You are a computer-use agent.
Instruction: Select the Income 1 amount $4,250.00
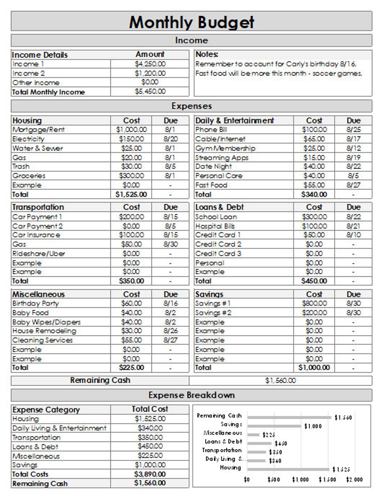click(150, 64)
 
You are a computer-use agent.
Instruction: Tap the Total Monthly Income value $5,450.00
click(150, 92)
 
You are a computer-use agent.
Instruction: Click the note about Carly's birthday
click(276, 64)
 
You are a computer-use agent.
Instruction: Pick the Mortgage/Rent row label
click(38, 130)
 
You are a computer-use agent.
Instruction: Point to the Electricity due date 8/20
click(170, 139)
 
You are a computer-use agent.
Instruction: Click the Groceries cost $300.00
click(131, 176)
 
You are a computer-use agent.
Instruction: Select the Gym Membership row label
click(225, 148)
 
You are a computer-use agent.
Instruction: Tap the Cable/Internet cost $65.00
click(314, 139)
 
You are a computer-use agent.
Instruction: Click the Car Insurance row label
click(36, 235)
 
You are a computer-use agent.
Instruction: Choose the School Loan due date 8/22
click(353, 217)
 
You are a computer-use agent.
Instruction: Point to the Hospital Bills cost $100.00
click(314, 226)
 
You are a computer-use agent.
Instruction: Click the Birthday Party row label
click(35, 303)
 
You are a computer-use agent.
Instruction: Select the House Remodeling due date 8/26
click(170, 331)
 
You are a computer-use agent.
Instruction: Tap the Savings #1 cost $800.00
click(314, 303)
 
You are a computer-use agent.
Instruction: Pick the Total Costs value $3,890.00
click(150, 474)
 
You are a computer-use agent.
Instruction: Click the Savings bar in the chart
click(274, 426)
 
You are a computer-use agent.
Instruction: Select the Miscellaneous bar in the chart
click(253, 435)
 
